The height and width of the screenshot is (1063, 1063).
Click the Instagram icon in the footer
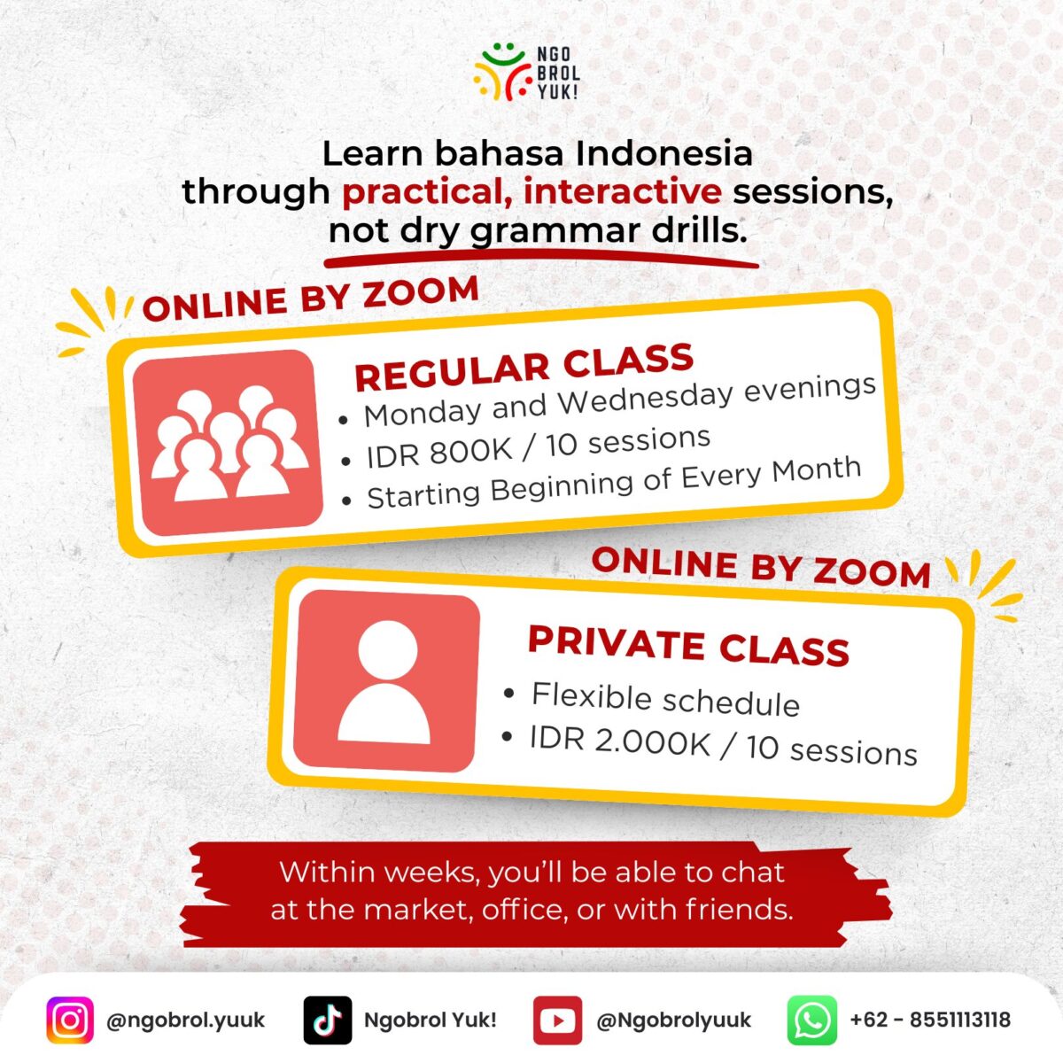[x=70, y=1020]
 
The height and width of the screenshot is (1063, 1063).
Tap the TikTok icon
[x=328, y=1020]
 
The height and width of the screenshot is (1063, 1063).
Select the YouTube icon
[x=558, y=1020]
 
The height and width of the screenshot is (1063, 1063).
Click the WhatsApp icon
[x=811, y=1020]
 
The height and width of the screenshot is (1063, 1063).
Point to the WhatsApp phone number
[x=931, y=1020]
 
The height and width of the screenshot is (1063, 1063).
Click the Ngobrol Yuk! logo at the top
[x=526, y=74]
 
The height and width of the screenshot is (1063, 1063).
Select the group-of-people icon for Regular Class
[x=228, y=442]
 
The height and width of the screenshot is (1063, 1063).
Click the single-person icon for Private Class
[x=385, y=681]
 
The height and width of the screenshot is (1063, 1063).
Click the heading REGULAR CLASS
[x=524, y=366]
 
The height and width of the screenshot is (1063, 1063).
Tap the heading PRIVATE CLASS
[x=688, y=646]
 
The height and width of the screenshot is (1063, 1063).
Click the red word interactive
[x=623, y=191]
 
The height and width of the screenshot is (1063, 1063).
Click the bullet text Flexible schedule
[x=665, y=699]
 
